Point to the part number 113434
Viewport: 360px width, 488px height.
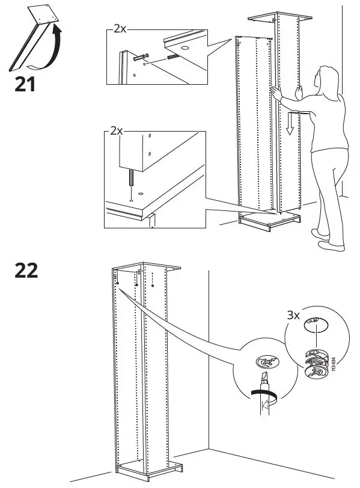[332, 364]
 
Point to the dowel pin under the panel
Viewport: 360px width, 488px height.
[131, 178]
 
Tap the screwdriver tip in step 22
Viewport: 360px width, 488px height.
[262, 379]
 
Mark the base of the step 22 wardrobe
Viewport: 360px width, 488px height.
[147, 467]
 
